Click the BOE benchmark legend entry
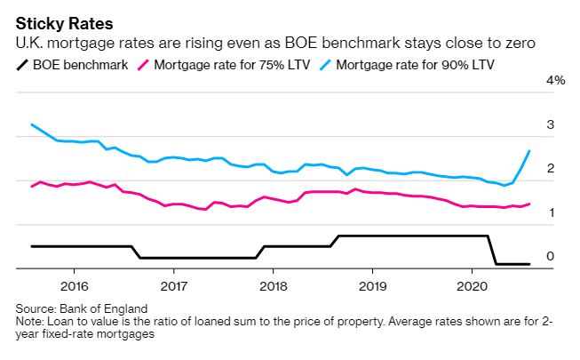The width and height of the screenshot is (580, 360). pos(80,64)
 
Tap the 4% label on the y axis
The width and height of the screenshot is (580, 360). pos(556,80)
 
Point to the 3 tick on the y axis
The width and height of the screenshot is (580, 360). pos(551,124)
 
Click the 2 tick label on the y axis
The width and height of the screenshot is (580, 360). pos(551,168)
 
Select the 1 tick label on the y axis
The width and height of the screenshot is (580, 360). pos(551,212)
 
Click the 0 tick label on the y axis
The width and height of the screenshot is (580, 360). pos(551,256)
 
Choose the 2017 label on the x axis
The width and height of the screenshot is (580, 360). pos(173,286)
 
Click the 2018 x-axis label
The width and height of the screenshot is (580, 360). pos(273,286)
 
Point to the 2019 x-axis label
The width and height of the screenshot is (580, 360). pos(372,286)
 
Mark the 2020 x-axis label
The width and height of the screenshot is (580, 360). pos(472,286)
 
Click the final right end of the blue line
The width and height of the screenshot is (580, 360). pos(529,151)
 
